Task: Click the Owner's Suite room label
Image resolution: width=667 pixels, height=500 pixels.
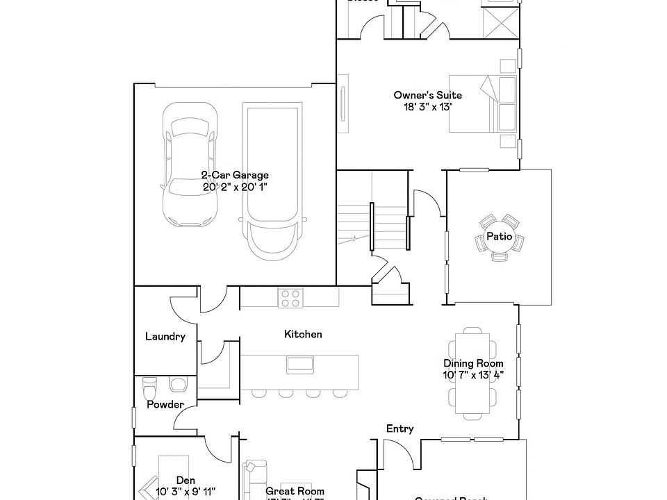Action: pyautogui.click(x=427, y=95)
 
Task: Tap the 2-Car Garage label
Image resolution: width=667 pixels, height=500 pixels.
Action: pyautogui.click(x=235, y=176)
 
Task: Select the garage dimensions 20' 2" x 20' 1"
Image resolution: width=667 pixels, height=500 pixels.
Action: pyautogui.click(x=235, y=187)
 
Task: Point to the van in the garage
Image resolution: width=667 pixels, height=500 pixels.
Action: pyautogui.click(x=271, y=181)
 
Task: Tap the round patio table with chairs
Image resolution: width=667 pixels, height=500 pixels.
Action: pyautogui.click(x=499, y=237)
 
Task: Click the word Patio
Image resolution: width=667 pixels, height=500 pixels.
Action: pyautogui.click(x=499, y=237)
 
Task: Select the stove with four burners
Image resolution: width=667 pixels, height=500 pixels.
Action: pyautogui.click(x=291, y=298)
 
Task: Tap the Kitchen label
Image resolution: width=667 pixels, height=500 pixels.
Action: pyautogui.click(x=303, y=334)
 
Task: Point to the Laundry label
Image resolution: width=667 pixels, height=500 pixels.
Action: pyautogui.click(x=165, y=337)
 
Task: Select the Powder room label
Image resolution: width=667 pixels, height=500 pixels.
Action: pyautogui.click(x=165, y=405)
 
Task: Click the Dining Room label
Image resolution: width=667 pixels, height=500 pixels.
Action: pyautogui.click(x=473, y=363)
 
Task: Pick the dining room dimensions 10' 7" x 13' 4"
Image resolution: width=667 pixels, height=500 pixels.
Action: pyautogui.click(x=473, y=374)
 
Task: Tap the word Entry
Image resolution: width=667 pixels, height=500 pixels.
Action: pyautogui.click(x=400, y=429)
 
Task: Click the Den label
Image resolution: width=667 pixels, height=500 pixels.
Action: pyautogui.click(x=185, y=481)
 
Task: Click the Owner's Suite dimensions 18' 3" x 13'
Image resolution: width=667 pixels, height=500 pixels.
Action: pyautogui.click(x=427, y=107)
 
